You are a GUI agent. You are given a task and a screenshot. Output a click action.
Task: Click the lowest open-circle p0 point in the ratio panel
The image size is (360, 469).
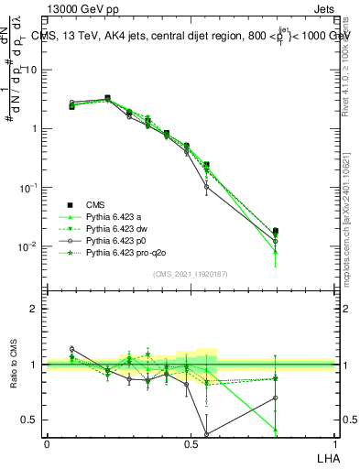click(x=206, y=433)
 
